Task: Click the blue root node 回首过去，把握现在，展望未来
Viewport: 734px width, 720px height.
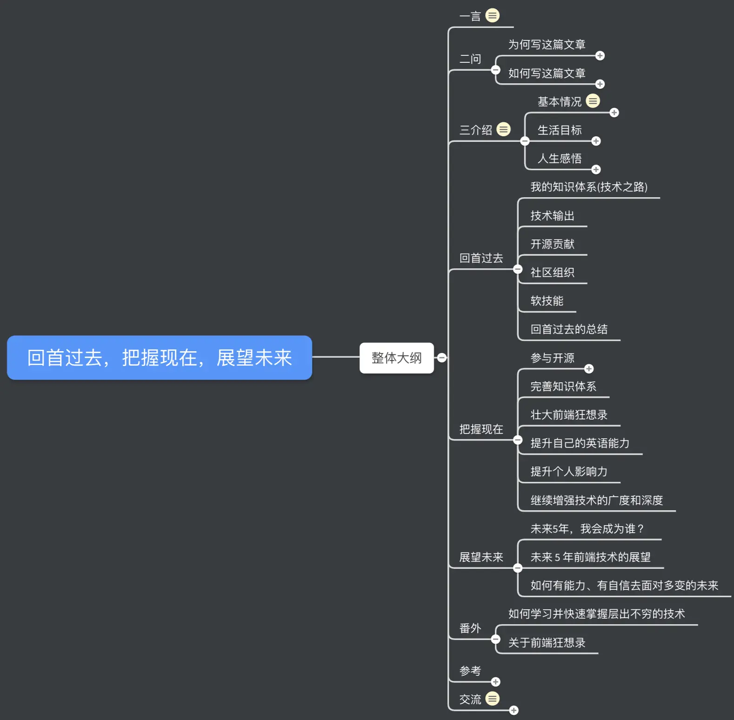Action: coord(159,358)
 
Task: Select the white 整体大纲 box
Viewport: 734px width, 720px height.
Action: coord(396,358)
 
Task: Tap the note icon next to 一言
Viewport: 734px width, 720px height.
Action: coord(492,16)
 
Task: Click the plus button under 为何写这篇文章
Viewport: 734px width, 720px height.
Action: coord(600,56)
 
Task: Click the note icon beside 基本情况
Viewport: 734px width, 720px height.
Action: coord(593,101)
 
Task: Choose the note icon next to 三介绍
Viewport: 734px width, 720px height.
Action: coord(503,129)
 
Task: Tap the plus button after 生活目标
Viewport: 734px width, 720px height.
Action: coord(596,141)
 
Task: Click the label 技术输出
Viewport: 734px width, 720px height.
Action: coord(552,216)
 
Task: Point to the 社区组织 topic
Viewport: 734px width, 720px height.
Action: coord(552,273)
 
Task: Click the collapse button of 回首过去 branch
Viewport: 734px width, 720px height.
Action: coord(518,269)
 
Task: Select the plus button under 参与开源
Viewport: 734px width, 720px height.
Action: coord(589,369)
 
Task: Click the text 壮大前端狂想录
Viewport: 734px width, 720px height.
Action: coord(569,415)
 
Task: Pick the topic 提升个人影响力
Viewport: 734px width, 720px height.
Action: coord(569,472)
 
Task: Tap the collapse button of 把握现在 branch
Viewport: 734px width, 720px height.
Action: coord(518,440)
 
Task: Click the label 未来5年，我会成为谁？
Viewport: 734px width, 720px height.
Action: coord(587,529)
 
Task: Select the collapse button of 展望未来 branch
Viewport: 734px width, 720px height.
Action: coord(518,568)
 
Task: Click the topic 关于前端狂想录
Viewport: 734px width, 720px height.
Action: coord(547,643)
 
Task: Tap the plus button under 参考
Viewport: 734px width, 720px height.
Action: coord(496,682)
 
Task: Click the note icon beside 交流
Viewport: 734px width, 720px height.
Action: coord(492,699)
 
